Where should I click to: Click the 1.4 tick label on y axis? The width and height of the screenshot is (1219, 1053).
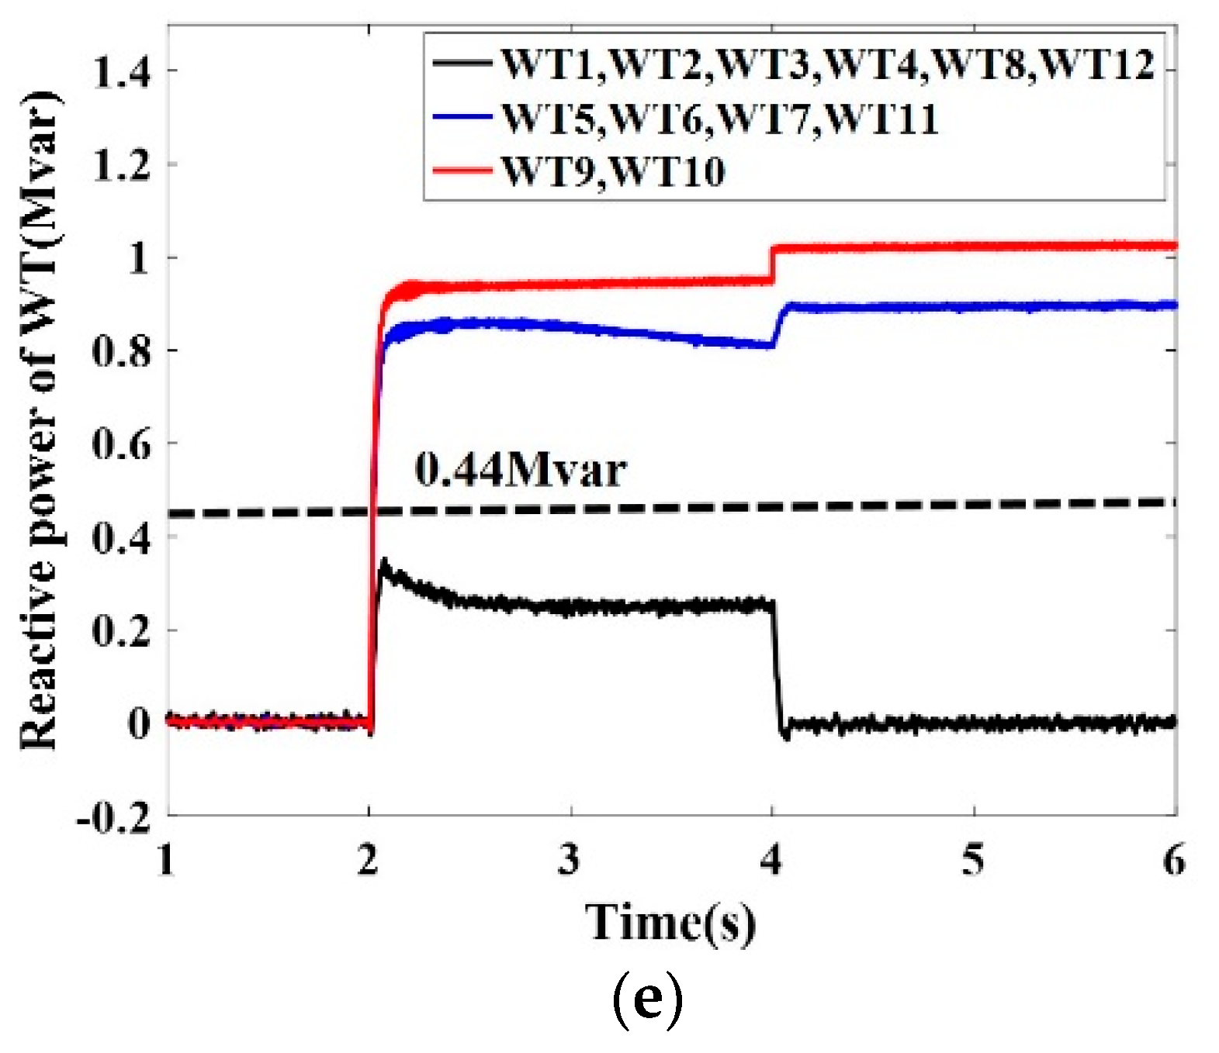[x=121, y=72]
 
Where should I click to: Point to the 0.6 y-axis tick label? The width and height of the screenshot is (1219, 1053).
[x=121, y=445]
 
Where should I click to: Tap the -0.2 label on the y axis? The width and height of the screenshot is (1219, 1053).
[x=113, y=817]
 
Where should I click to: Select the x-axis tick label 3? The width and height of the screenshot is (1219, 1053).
[x=569, y=860]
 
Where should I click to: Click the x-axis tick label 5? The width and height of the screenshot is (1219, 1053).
[x=972, y=860]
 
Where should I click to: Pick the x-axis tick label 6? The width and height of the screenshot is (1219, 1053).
[x=1174, y=860]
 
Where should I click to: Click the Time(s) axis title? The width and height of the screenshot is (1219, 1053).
[x=670, y=923]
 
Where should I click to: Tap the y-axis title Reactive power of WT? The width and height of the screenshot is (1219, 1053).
[x=39, y=419]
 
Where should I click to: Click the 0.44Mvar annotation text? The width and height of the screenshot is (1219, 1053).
[x=520, y=471]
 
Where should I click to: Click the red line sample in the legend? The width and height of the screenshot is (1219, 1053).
[x=462, y=170]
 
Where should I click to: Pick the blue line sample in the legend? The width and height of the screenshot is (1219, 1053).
[x=462, y=117]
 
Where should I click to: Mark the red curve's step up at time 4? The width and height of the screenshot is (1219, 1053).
[x=772, y=264]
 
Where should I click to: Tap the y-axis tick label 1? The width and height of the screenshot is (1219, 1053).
[x=138, y=258]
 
